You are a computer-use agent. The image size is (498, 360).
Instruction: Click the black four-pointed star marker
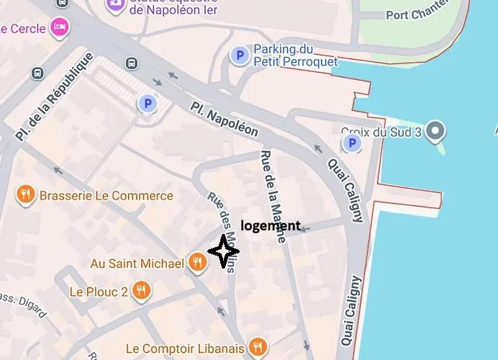click(223, 251)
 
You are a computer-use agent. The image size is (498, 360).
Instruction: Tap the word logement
click(270, 225)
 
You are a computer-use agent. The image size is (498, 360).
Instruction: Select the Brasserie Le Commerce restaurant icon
click(26, 194)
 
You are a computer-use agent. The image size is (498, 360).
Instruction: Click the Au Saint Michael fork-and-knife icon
click(197, 263)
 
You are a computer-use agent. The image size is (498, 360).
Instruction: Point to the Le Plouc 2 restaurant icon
click(142, 291)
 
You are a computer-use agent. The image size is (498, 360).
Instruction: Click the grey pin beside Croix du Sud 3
click(435, 131)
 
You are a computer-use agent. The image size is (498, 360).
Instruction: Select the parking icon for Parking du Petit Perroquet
click(238, 55)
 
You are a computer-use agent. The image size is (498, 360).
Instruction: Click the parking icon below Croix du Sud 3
click(352, 144)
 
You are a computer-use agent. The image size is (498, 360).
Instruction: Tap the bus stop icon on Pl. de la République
click(37, 73)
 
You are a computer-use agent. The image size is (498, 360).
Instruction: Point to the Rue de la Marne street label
click(273, 196)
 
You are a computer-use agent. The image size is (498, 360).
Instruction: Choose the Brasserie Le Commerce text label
click(107, 195)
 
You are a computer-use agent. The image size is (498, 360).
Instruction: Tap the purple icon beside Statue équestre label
click(114, 6)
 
